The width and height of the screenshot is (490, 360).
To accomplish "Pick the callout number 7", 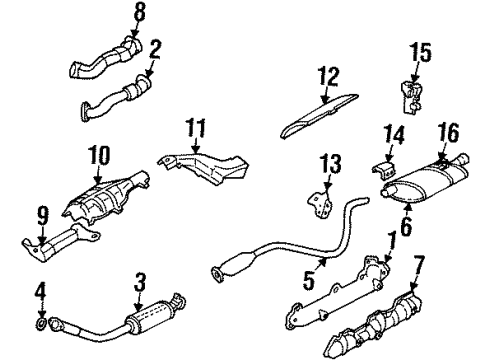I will (417, 264).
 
